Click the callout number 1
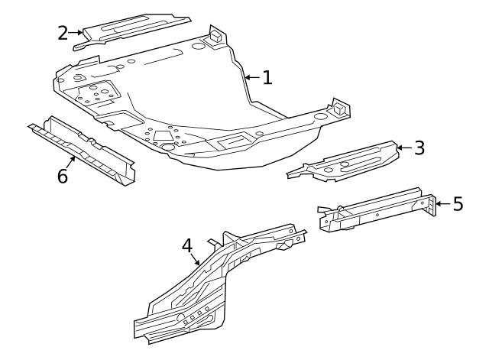tap(267, 77)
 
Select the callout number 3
tap(419, 148)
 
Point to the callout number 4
tap(187, 246)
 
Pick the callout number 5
tap(457, 204)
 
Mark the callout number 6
tap(63, 177)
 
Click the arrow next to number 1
tap(252, 77)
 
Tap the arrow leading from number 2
tap(79, 32)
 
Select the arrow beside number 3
tap(403, 148)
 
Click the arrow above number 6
tap(72, 161)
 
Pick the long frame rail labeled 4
tap(222, 283)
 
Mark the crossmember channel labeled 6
tap(84, 149)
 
